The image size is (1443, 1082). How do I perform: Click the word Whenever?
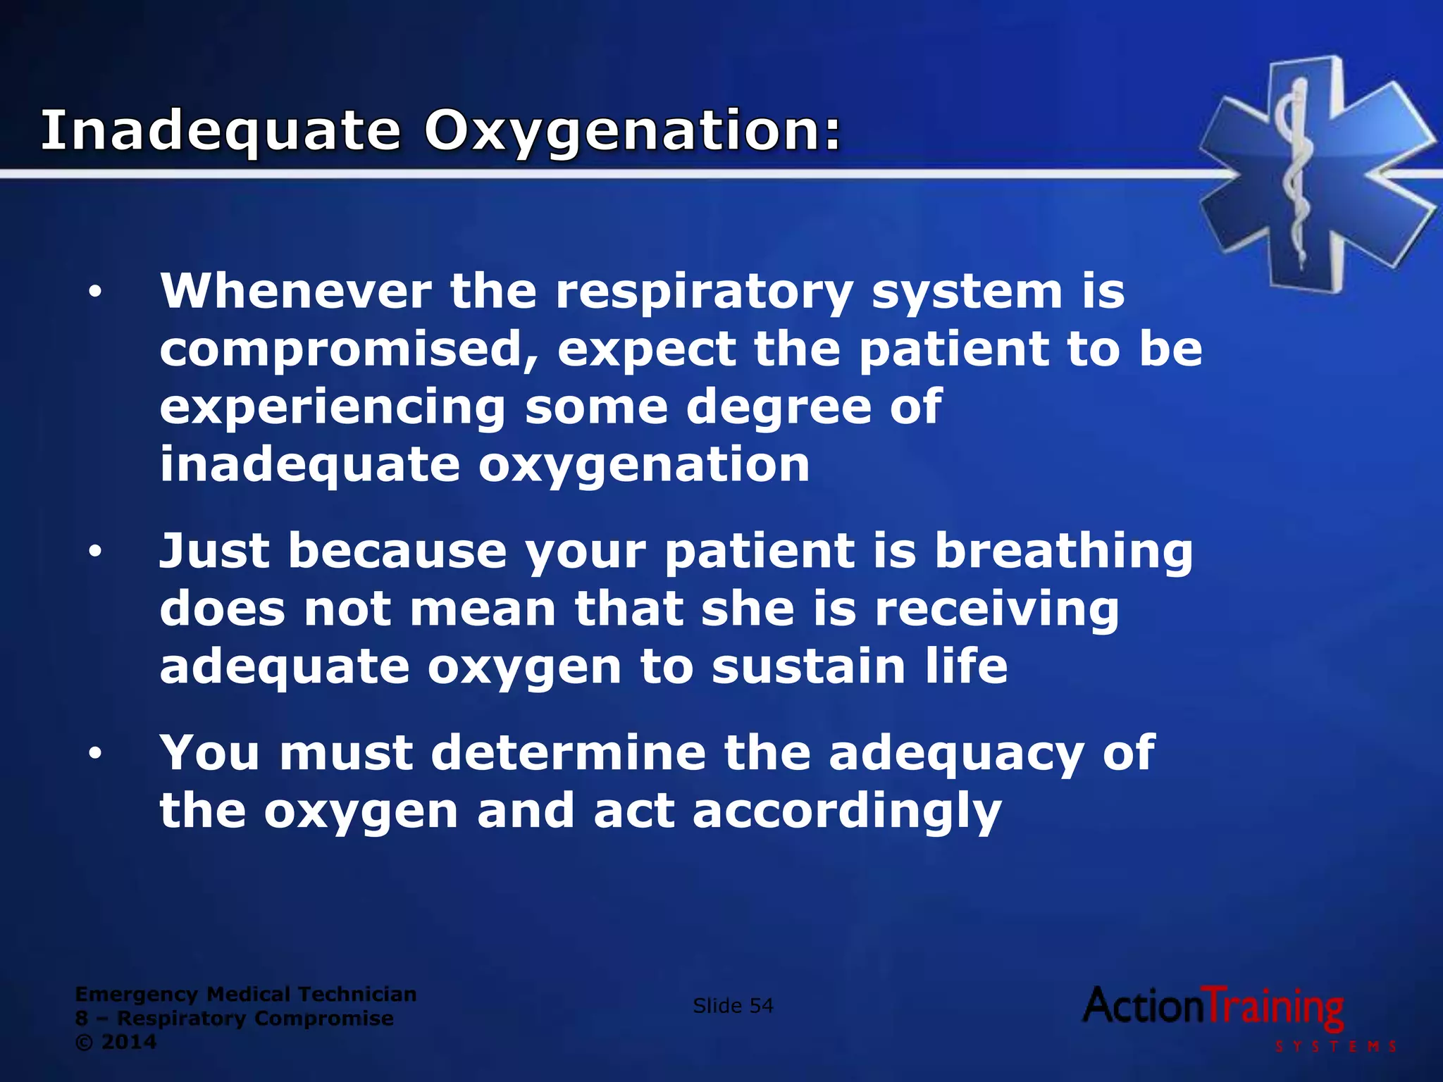click(x=296, y=291)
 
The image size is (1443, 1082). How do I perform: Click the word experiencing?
click(x=333, y=408)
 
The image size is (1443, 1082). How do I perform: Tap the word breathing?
click(x=1064, y=552)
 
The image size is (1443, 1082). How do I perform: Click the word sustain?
click(x=808, y=666)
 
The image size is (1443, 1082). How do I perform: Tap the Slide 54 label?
click(x=733, y=1006)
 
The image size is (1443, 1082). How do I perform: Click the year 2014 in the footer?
click(x=129, y=1042)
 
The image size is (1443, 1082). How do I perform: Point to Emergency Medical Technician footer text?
click(x=246, y=994)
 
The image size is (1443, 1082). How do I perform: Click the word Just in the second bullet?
click(x=214, y=551)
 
